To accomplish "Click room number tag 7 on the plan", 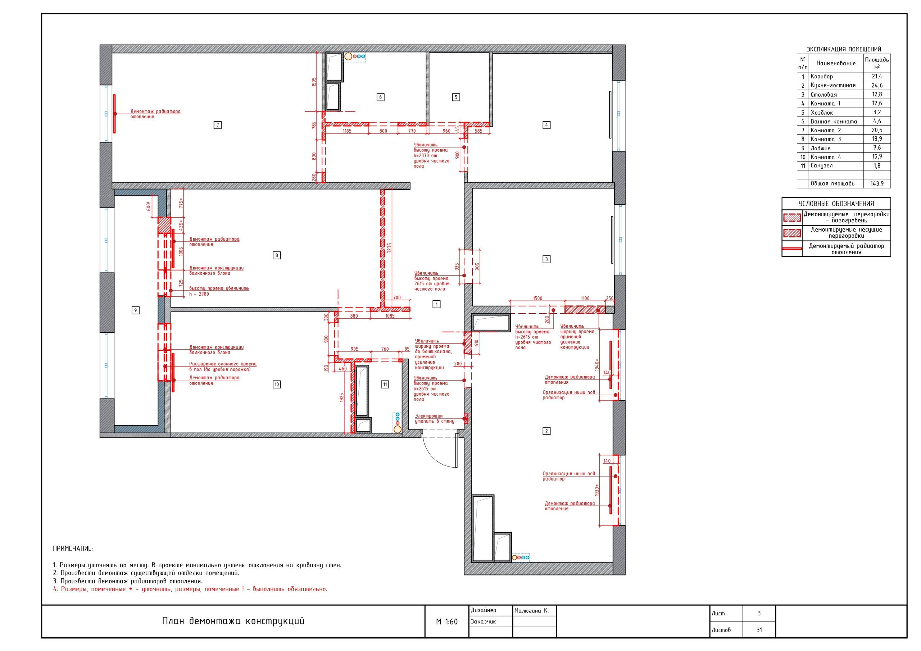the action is pos(217,125).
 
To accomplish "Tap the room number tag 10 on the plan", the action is pos(276,384).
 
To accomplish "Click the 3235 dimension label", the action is pos(389,248).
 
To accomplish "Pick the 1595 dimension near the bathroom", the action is pos(314,82).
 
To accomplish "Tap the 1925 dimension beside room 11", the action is pos(342,397).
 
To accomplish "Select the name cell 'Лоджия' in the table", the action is pos(820,148).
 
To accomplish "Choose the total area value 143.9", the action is pos(877,184).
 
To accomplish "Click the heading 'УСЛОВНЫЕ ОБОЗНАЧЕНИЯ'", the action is pos(836,204).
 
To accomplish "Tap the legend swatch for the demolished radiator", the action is pos(792,249).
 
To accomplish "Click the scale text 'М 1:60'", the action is pos(446,622).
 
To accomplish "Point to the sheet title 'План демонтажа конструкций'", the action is pos(233,621).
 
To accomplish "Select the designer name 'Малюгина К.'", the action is pos(531,611).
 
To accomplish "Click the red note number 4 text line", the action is pos(190,589).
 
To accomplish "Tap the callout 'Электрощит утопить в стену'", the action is pos(435,419).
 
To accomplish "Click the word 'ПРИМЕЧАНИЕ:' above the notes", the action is pos(73,548).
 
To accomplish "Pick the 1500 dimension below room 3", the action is pos(537,298).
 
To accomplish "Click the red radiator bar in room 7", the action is pos(114,114).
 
